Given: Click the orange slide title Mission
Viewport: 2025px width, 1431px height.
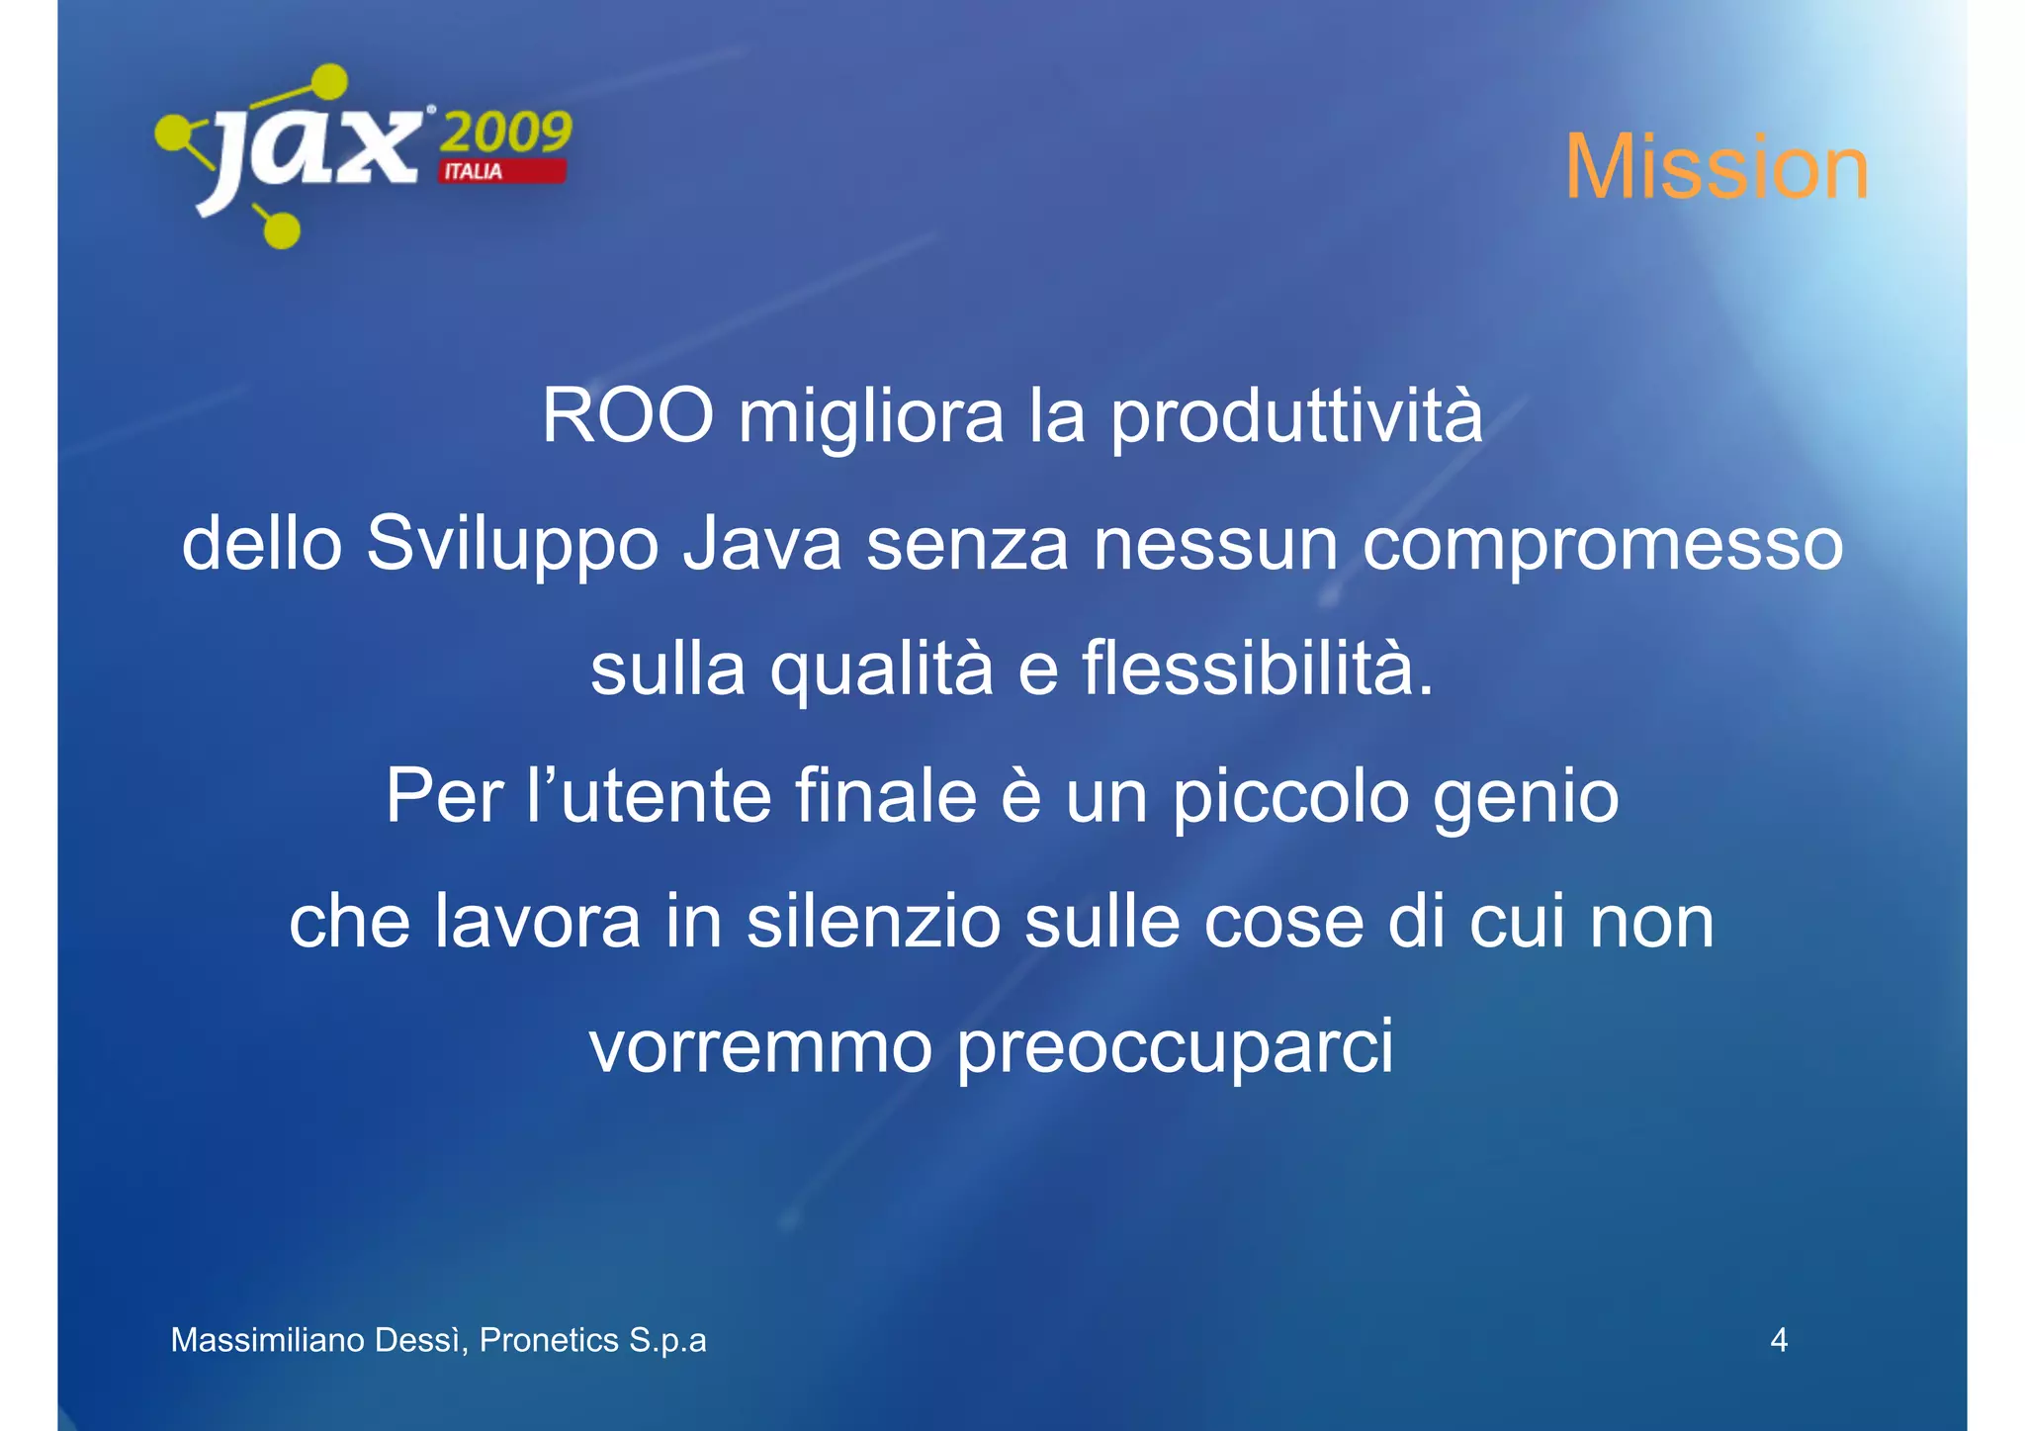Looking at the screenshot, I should coord(1716,167).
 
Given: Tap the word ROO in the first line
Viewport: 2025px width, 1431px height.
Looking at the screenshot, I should coord(627,416).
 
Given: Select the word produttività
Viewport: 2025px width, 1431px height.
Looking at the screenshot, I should coord(1295,418).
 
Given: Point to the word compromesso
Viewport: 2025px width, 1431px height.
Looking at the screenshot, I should coord(1602,546).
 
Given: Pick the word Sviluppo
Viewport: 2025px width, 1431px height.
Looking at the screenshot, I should coord(512,546).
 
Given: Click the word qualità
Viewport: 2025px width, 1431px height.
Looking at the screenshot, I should coord(882,671).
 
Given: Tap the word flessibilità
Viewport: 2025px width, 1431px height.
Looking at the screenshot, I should coord(1257,669).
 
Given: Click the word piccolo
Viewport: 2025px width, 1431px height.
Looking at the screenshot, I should coord(1290,797).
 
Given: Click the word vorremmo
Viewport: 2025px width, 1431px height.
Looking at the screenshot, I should coord(760,1047).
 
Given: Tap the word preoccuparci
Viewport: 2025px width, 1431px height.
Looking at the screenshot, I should coord(1176,1049).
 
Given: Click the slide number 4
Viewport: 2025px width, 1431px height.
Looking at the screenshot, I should coord(1778,1340).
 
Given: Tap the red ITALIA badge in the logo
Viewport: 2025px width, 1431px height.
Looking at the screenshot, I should coord(502,172).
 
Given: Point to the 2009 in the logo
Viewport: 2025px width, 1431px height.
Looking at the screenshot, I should coord(505,132).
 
